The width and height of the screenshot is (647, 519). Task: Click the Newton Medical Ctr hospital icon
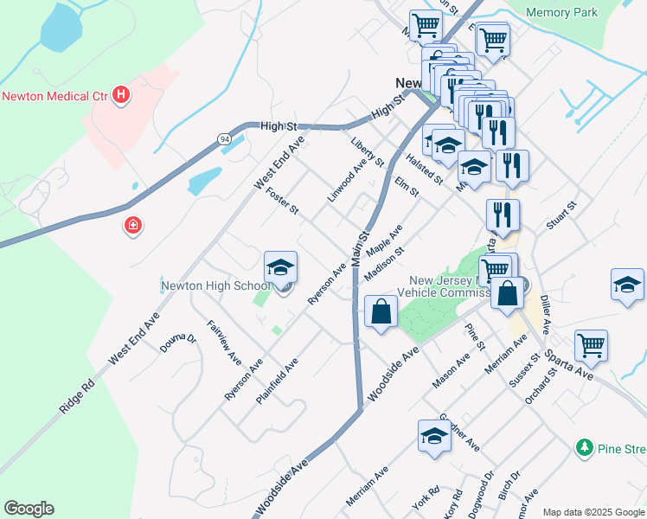click(x=121, y=95)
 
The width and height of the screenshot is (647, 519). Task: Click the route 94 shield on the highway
click(x=224, y=138)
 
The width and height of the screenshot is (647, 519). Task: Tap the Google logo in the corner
click(x=29, y=509)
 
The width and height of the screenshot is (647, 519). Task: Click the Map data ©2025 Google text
click(x=593, y=512)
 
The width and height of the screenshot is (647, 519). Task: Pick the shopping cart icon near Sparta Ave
click(x=592, y=345)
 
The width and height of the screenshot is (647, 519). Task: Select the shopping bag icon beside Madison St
click(x=381, y=311)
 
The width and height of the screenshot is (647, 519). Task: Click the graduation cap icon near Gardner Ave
click(x=434, y=437)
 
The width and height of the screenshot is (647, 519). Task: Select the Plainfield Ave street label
click(x=277, y=381)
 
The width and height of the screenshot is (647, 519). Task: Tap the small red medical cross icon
click(x=133, y=226)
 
